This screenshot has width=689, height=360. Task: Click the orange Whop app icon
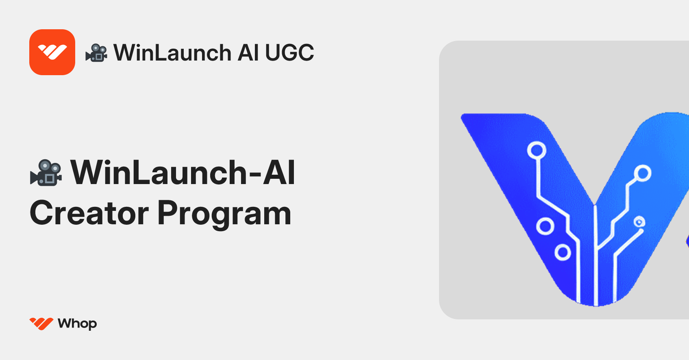(x=52, y=52)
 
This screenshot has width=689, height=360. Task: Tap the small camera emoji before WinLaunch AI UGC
(x=96, y=53)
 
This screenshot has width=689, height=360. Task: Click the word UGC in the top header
(x=289, y=53)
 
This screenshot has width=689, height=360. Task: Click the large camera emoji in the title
(x=46, y=173)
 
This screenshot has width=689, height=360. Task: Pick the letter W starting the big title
(x=90, y=173)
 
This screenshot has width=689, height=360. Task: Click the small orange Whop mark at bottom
(x=41, y=323)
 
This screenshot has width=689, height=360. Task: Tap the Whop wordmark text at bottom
(x=77, y=324)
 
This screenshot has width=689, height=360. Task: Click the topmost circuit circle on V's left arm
(x=537, y=150)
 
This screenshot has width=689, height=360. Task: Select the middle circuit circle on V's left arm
(x=545, y=226)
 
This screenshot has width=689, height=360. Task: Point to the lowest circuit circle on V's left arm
(x=563, y=252)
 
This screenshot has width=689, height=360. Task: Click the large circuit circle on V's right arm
(x=642, y=173)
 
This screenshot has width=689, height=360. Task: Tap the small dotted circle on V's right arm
(x=639, y=222)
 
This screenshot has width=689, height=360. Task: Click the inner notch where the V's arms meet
(x=594, y=203)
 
